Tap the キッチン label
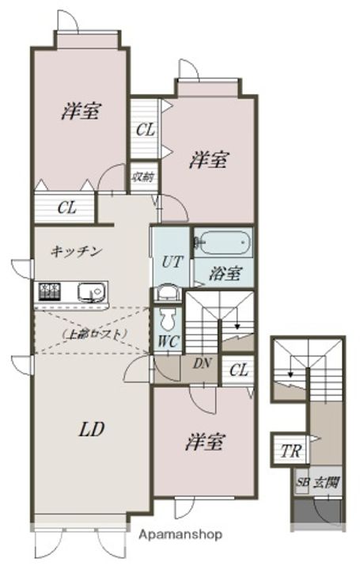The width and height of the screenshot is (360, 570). pyautogui.click(x=76, y=252)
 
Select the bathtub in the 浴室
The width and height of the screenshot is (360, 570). pyautogui.click(x=223, y=242)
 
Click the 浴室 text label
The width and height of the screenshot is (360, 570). pyautogui.click(x=225, y=273)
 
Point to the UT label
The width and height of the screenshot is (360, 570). pyautogui.click(x=172, y=261)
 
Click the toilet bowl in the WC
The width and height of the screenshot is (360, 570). pyautogui.click(x=169, y=318)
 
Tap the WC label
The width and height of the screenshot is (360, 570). pyautogui.click(x=168, y=343)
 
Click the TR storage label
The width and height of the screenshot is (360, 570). pyautogui.click(x=290, y=452)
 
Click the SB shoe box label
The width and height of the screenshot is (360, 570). pyautogui.click(x=303, y=481)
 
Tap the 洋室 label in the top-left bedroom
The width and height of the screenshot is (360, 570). pyautogui.click(x=81, y=112)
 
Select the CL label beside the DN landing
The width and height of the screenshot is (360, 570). pyautogui.click(x=241, y=368)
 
